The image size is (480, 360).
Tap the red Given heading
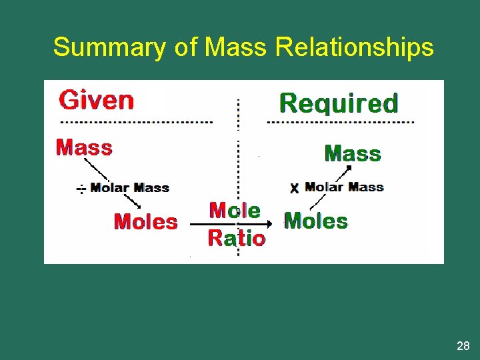(97, 100)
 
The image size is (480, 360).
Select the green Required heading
(339, 103)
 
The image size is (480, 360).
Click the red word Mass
(84, 147)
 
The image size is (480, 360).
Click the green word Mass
(353, 154)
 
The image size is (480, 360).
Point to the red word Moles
(146, 221)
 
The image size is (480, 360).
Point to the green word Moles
(316, 221)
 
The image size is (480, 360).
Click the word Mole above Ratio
(235, 211)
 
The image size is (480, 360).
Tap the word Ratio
(236, 238)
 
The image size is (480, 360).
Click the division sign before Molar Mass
(80, 189)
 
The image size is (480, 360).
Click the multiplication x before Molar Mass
(294, 189)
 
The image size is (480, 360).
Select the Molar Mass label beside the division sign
(129, 188)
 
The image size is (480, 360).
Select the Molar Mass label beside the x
(344, 187)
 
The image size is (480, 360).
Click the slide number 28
(463, 345)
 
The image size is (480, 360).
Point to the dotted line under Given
(137, 123)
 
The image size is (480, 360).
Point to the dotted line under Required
(340, 123)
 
